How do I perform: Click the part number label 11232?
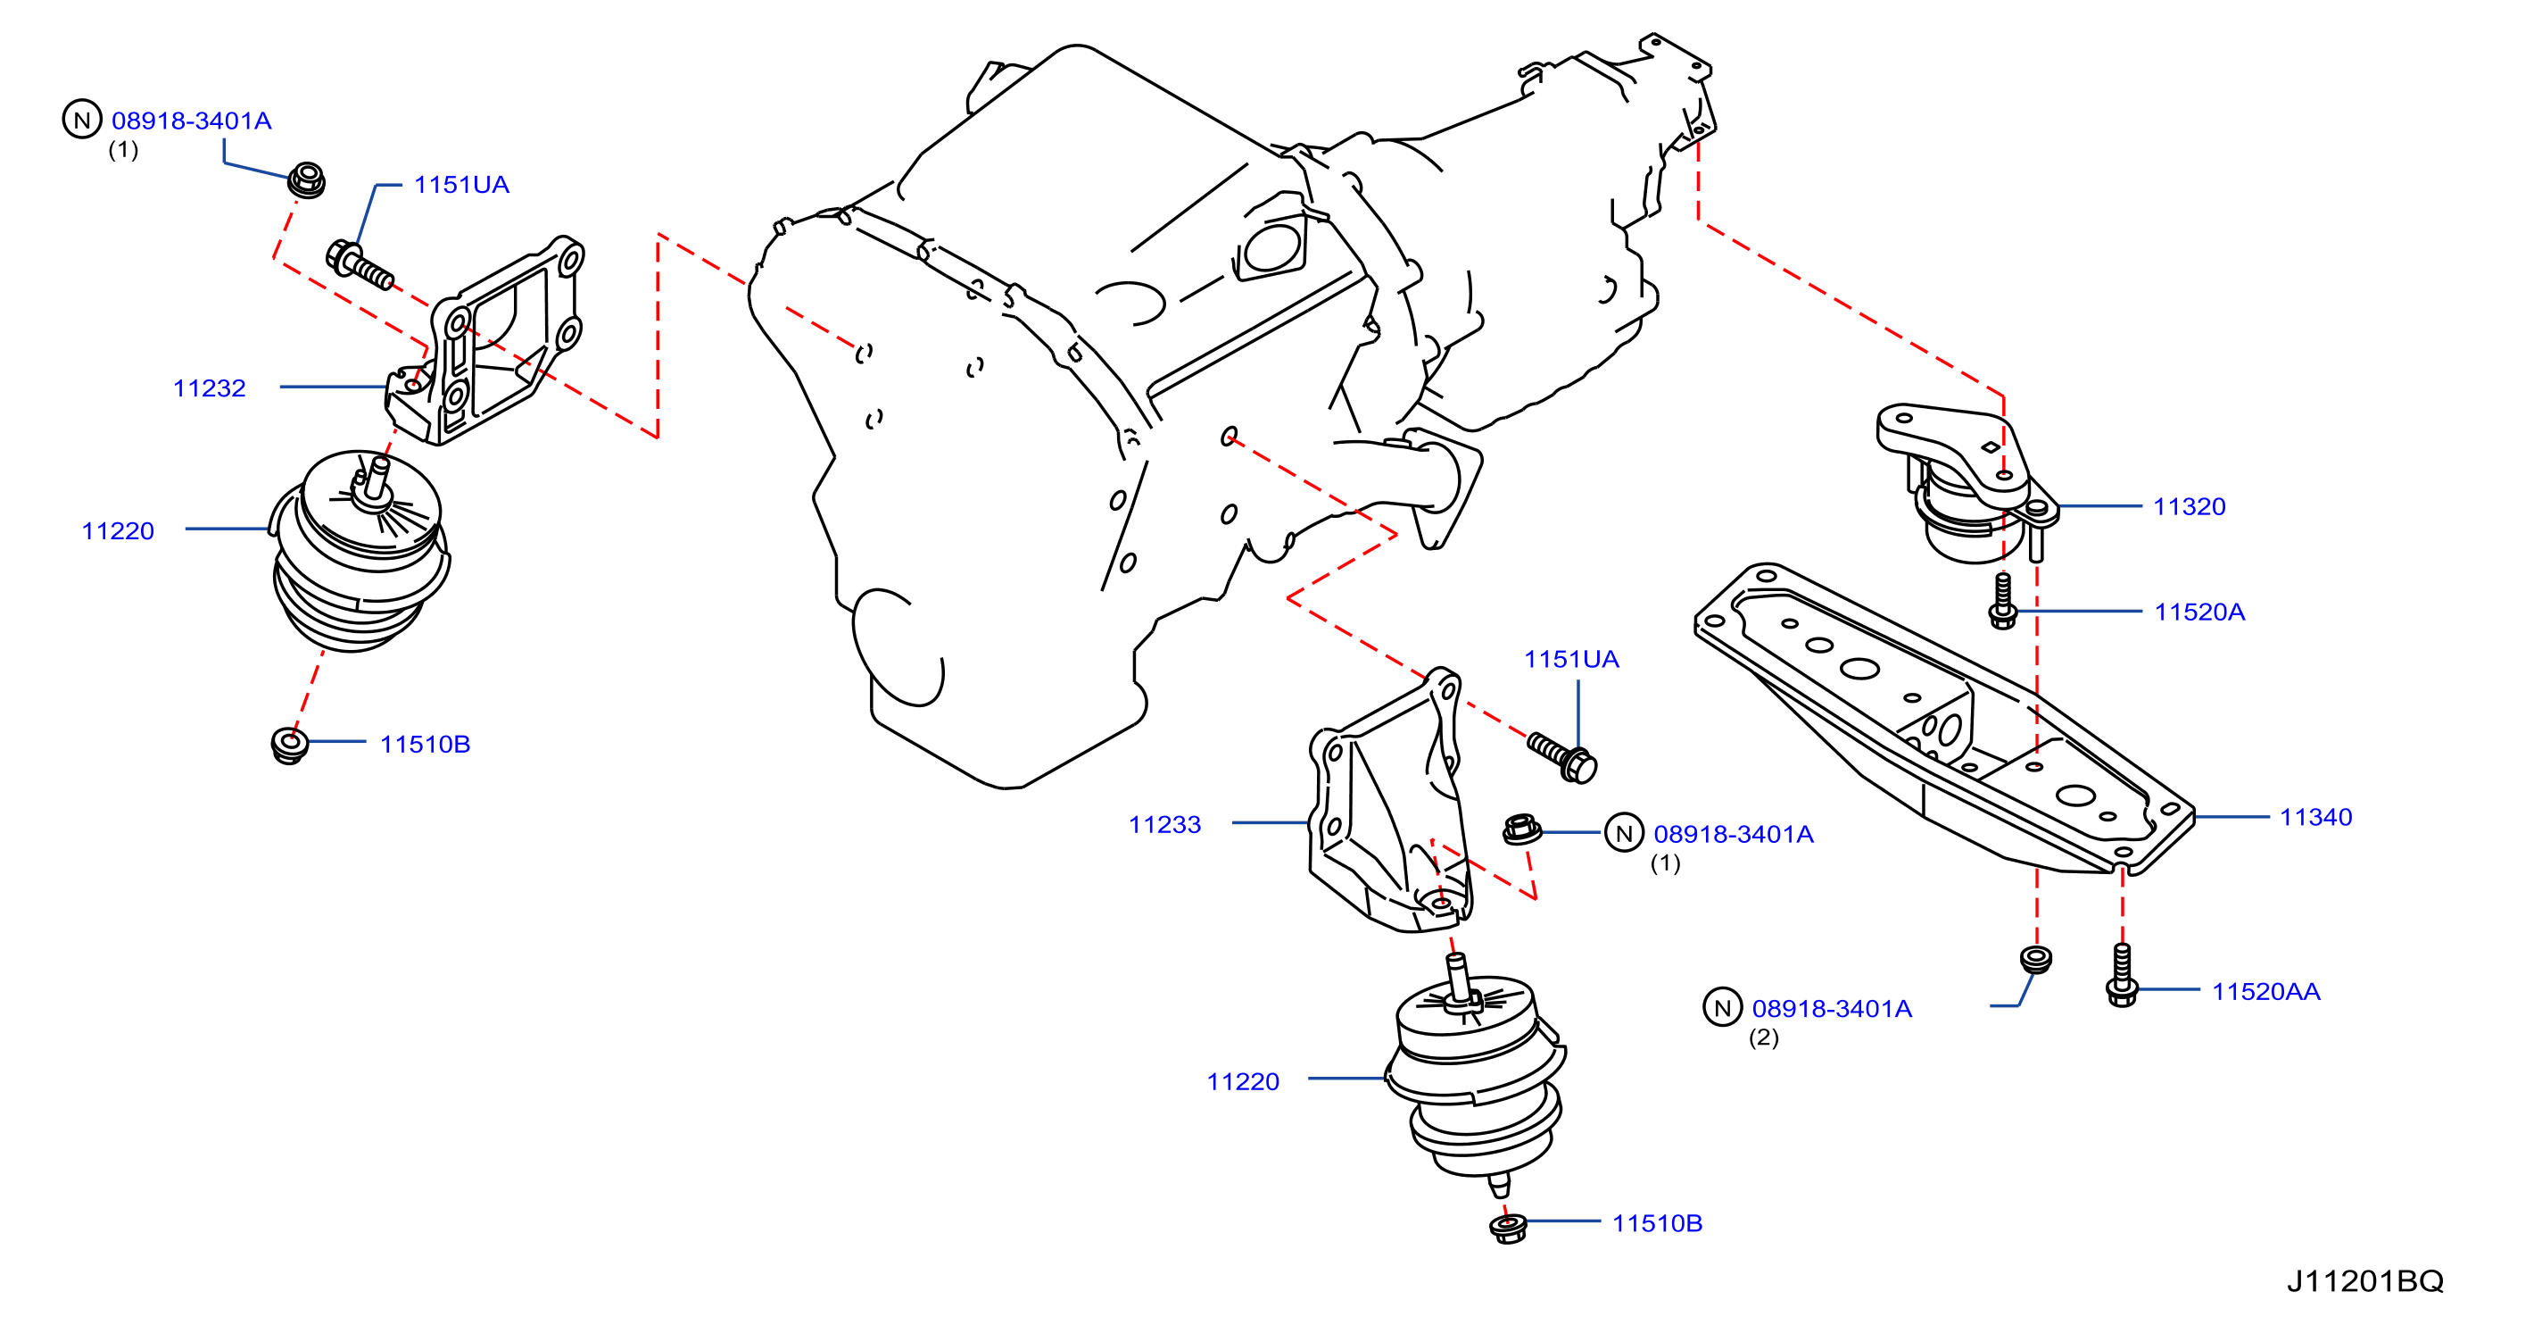[209, 388]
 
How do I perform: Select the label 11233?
[1164, 824]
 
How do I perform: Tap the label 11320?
[2189, 506]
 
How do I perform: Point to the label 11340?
[2315, 817]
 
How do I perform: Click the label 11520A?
[2198, 612]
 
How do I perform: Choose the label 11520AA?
[2265, 991]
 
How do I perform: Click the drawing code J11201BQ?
[2364, 1281]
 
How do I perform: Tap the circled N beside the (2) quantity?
[1722, 1007]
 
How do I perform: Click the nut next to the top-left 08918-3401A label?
[306, 180]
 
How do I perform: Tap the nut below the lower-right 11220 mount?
[1508, 1228]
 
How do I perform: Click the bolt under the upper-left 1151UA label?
[360, 263]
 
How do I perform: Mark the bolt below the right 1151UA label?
[1562, 757]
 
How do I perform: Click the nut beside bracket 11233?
[1520, 829]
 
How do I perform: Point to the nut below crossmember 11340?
[2036, 959]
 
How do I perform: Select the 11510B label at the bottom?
[1657, 1223]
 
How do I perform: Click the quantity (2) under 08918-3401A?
[1763, 1037]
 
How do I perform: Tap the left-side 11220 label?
[118, 531]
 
